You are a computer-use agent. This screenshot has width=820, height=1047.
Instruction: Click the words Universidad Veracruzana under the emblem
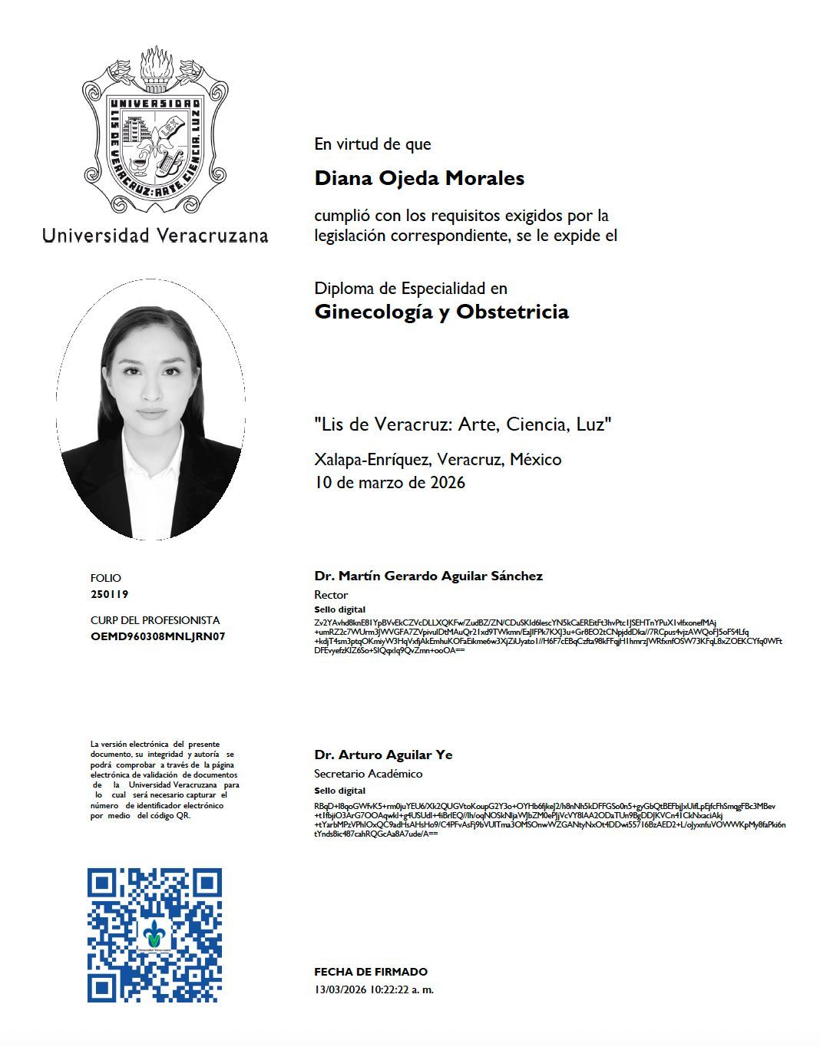155,235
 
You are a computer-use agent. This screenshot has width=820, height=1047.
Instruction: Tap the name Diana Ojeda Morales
419,178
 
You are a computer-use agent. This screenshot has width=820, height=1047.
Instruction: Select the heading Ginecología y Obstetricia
441,312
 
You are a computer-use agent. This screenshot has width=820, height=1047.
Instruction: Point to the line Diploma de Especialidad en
411,289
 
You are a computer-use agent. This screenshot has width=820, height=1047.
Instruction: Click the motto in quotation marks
463,424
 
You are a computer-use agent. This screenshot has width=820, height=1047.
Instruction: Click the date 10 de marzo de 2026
389,483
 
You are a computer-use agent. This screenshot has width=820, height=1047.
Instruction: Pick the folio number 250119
109,594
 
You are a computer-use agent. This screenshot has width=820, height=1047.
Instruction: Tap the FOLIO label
106,578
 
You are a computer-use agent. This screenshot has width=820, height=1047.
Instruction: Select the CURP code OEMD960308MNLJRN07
157,636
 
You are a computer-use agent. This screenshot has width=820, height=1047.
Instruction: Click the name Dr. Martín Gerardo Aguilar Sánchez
428,576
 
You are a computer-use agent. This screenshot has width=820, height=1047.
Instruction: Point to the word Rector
331,595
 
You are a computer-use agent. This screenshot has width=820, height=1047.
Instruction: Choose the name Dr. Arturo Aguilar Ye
383,755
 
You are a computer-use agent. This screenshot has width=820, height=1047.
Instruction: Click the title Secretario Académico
368,774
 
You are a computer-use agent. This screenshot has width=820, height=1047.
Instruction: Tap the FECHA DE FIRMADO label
371,972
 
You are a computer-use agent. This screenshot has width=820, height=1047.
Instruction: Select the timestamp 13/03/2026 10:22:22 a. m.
374,989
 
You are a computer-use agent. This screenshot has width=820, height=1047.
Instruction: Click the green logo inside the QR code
155,936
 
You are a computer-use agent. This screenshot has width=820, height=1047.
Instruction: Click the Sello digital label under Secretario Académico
339,791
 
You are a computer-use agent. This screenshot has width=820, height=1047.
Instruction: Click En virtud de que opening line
372,144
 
